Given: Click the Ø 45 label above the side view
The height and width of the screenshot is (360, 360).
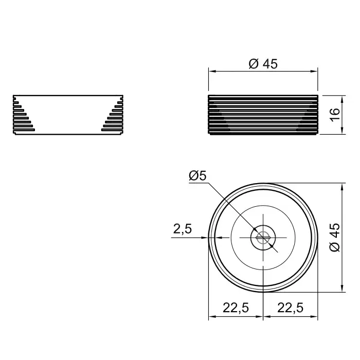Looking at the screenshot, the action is click(263, 64).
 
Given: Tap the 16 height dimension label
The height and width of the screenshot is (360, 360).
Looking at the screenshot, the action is click(335, 115).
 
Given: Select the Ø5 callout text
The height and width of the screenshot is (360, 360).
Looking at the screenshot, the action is click(197, 176).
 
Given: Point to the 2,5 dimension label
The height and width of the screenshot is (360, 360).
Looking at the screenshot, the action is click(182, 229).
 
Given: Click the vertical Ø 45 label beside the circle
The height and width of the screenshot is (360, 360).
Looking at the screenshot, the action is click(335, 238).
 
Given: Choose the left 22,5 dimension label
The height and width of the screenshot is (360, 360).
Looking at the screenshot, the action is click(236, 308).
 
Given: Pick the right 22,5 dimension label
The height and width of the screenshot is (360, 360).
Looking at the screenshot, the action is click(291, 308).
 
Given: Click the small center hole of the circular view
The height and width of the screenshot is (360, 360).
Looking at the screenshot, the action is click(263, 238).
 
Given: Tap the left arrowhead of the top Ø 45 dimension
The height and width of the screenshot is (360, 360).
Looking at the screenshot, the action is click(212, 71).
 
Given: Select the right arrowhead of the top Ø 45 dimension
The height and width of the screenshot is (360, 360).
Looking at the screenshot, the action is click(314, 71).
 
